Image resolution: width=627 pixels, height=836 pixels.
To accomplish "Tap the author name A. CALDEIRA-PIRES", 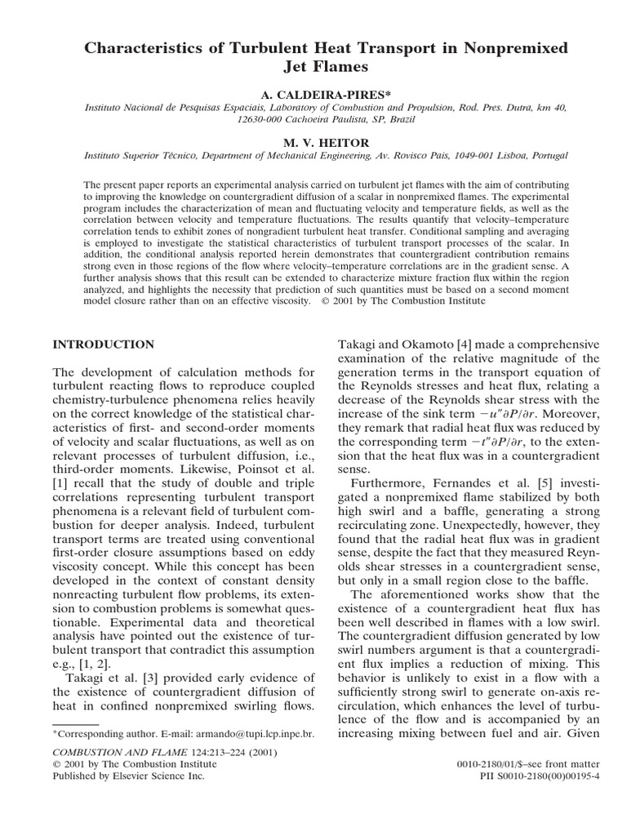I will tap(313, 96).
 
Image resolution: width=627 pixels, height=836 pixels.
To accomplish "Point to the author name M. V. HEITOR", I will tap(313, 143).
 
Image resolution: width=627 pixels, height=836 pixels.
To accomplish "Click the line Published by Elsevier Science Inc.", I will tap(127, 776).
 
